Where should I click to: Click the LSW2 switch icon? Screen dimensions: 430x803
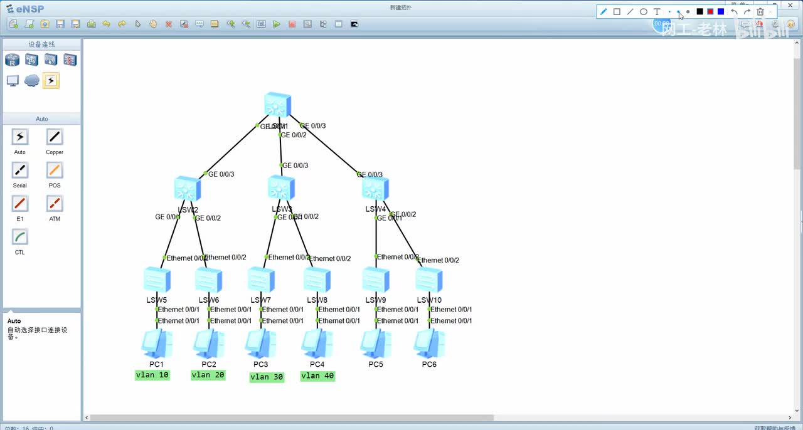point(188,189)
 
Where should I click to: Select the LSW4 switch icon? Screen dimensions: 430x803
point(375,189)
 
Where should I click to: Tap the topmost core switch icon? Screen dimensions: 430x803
point(277,105)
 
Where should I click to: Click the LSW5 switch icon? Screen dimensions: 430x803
point(157,280)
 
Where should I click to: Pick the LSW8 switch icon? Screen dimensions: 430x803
point(317,280)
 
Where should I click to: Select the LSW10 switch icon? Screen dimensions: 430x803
point(429,280)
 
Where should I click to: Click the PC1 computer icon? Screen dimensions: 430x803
point(156,343)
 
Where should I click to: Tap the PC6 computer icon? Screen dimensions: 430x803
point(429,343)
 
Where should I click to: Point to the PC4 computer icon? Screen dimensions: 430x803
point(317,343)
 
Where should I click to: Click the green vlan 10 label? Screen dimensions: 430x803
point(152,375)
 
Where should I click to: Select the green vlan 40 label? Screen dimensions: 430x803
point(317,376)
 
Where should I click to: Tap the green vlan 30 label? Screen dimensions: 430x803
point(267,377)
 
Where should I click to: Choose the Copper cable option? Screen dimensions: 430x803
point(55,137)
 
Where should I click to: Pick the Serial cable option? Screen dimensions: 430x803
point(20,170)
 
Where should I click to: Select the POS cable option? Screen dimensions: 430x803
point(55,170)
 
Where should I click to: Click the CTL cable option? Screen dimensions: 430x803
point(20,237)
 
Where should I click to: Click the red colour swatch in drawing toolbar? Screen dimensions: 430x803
point(710,11)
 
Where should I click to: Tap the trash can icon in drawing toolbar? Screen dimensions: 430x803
point(760,11)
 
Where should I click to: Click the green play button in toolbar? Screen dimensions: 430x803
point(277,24)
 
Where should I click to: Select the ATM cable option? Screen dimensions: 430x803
point(55,204)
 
